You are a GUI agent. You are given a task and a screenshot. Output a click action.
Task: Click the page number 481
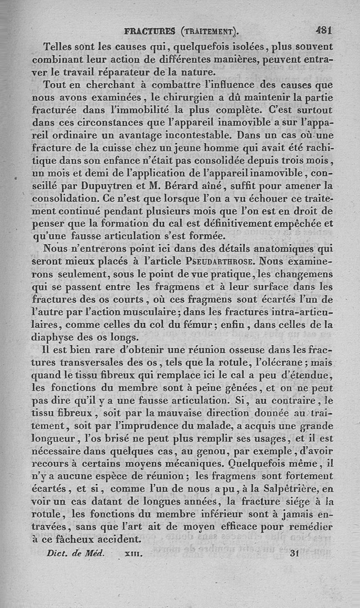[x=323, y=31]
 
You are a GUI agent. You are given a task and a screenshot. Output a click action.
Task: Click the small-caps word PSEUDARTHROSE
[x=220, y=261]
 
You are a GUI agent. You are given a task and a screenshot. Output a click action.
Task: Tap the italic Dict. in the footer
[x=58, y=554]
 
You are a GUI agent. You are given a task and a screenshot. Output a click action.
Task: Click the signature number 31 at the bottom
[x=295, y=554]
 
